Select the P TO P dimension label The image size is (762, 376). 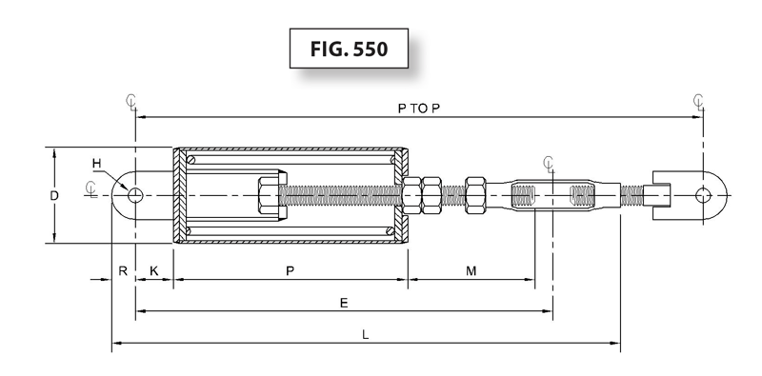[419, 109]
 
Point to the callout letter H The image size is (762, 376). [97, 163]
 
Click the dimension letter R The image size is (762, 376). [123, 271]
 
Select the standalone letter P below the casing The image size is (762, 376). [290, 271]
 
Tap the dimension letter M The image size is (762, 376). [471, 271]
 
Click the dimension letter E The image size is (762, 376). [344, 302]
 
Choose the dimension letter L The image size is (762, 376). [367, 334]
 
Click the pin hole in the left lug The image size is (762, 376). [136, 195]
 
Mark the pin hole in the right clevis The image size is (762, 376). [703, 195]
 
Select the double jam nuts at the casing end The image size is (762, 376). [421, 195]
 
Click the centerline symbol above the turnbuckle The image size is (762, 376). [548, 164]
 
